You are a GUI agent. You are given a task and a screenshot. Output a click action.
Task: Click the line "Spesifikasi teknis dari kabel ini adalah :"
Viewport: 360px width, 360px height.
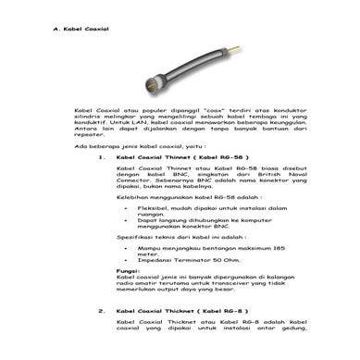[171, 237]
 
